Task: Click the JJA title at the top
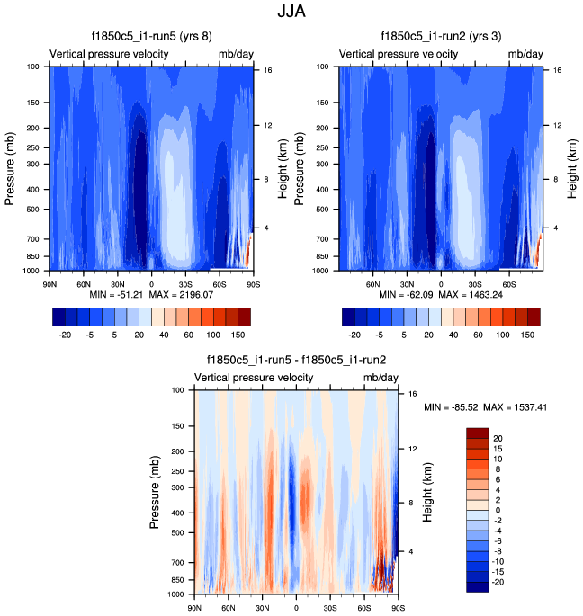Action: click(x=291, y=13)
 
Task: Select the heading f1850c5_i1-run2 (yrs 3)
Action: click(x=439, y=38)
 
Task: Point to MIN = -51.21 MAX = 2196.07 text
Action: click(x=150, y=294)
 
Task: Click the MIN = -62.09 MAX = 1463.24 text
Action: click(x=439, y=294)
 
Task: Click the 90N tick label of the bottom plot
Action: click(x=194, y=608)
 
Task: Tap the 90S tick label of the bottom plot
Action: click(x=397, y=608)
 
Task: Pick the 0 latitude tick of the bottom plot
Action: click(x=296, y=608)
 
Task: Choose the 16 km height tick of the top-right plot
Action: click(x=558, y=70)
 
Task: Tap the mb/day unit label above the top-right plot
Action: click(x=525, y=55)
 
